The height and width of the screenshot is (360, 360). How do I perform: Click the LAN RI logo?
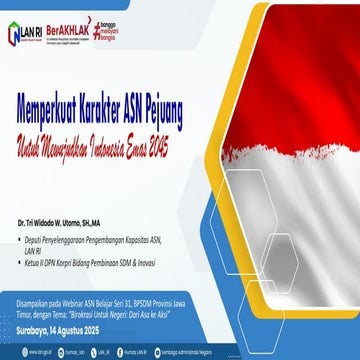coord(25,33)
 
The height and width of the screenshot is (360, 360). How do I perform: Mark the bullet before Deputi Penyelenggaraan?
coord(34,240)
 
